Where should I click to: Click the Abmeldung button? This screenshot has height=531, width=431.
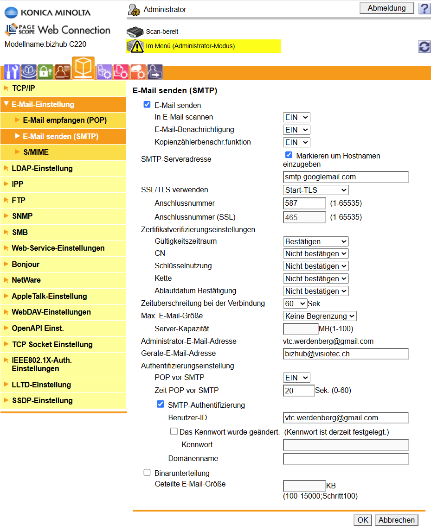click(x=386, y=8)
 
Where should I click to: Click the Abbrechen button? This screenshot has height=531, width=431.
click(x=396, y=520)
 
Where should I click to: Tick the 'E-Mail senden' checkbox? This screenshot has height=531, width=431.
click(x=147, y=105)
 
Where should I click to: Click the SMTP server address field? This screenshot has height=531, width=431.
click(x=346, y=177)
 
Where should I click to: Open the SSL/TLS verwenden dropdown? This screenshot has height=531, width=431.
click(x=315, y=190)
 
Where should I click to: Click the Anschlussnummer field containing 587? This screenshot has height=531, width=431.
click(x=304, y=203)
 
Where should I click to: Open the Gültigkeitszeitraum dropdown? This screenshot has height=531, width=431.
click(x=315, y=241)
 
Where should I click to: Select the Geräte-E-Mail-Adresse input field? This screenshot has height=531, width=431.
click(x=346, y=354)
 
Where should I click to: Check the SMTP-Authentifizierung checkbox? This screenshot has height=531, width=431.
click(x=161, y=405)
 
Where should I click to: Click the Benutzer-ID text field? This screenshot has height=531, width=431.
click(x=346, y=418)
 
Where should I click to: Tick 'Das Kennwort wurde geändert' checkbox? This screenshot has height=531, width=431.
click(x=174, y=431)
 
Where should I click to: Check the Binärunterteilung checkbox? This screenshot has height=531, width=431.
click(x=147, y=473)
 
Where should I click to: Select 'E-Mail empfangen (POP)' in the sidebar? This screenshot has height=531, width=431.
click(x=64, y=120)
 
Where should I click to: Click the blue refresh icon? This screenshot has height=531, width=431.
click(x=424, y=46)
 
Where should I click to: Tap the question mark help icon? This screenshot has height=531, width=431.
click(x=424, y=8)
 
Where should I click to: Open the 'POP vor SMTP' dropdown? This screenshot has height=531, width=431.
click(x=296, y=378)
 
